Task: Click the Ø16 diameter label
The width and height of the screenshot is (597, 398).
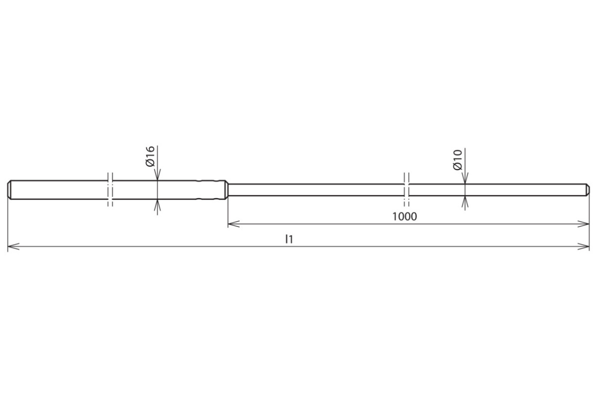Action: [150, 157]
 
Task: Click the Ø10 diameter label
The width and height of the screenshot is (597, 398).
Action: [457, 160]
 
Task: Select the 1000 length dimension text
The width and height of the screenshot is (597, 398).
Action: [404, 216]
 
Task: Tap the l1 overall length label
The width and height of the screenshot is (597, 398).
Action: [289, 239]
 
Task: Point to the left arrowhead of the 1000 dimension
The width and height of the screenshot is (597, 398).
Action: [233, 224]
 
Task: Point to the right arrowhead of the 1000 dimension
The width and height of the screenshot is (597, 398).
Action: [584, 224]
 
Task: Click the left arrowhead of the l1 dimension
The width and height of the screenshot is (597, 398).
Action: [13, 247]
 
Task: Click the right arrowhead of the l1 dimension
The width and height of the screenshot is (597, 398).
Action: [584, 247]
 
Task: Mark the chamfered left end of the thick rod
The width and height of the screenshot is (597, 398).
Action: [9, 190]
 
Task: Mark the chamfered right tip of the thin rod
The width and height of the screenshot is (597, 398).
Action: [588, 190]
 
